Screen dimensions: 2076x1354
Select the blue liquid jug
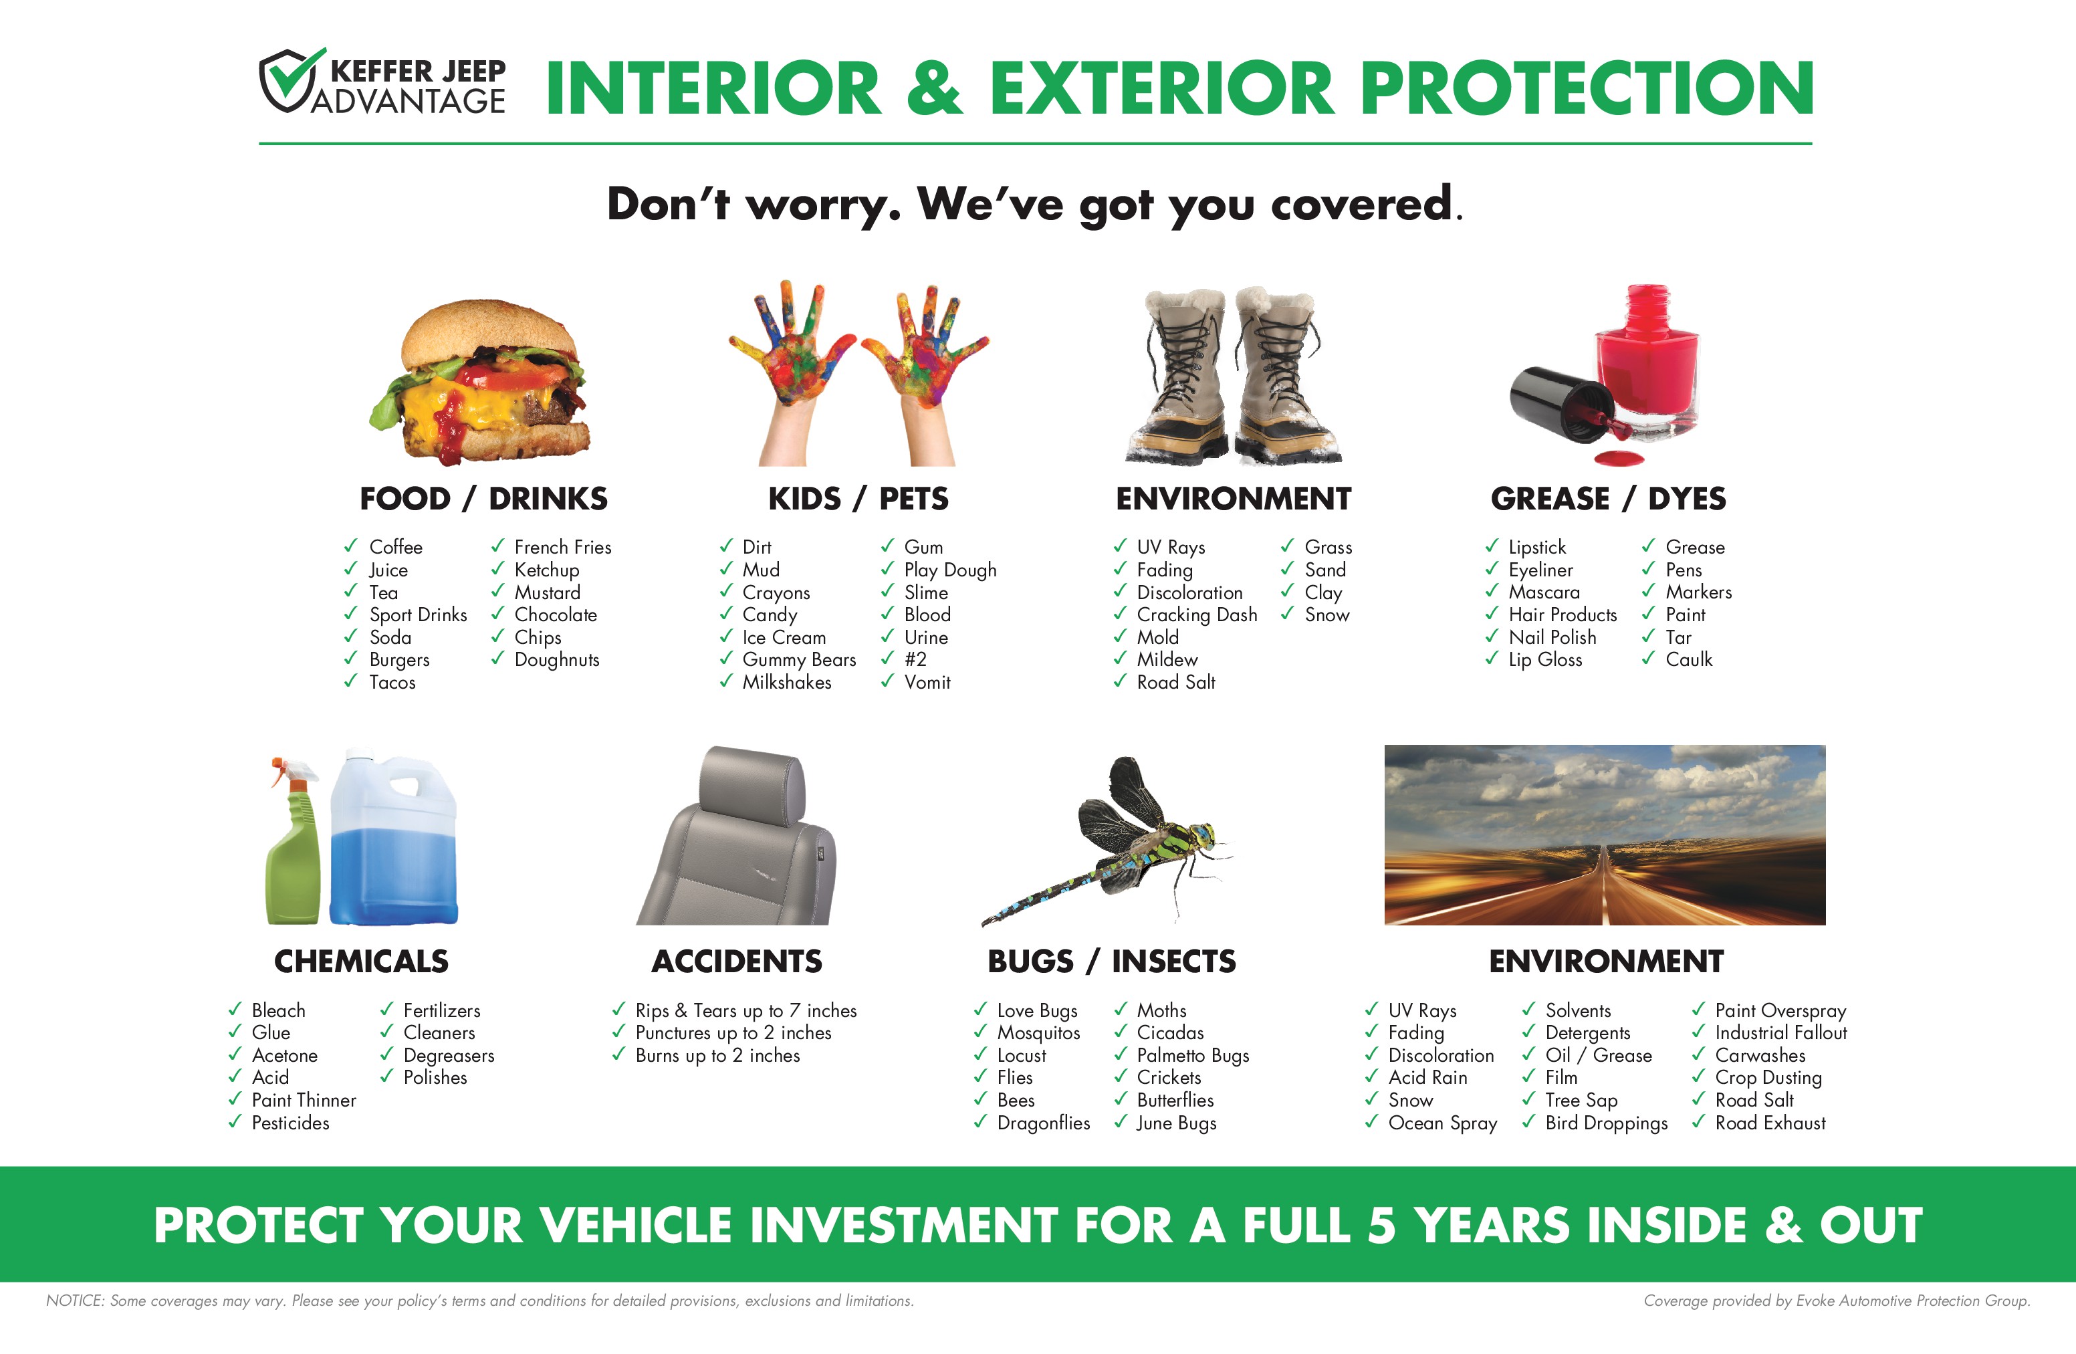393,836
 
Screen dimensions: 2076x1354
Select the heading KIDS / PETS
858,499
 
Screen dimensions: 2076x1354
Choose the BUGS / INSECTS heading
1111,962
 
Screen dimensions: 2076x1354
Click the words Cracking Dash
1197,615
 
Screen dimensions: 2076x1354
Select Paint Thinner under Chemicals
304,1100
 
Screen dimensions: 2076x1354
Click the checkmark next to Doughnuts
497,659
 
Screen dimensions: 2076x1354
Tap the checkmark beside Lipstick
1492,546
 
